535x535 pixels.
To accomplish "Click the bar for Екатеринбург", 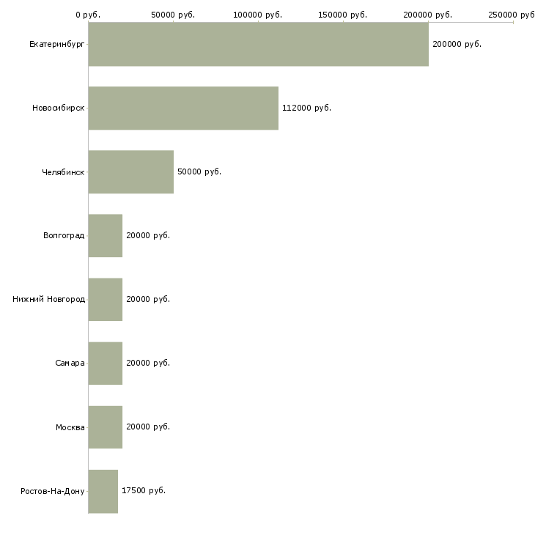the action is (x=259, y=44).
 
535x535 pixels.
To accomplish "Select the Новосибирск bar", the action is (x=183, y=108).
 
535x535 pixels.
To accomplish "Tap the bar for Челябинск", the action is (x=131, y=171).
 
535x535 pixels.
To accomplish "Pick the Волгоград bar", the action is (x=106, y=235).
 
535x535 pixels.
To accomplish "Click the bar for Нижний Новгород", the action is (x=106, y=299).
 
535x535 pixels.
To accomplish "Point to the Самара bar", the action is (x=106, y=363).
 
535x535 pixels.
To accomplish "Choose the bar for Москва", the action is (x=106, y=427).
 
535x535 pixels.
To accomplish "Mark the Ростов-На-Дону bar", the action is (x=103, y=491).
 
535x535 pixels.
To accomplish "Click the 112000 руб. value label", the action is (x=307, y=108).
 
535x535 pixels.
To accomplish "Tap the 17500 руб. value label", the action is (x=144, y=490).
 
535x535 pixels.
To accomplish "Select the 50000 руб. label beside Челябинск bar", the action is (x=199, y=171).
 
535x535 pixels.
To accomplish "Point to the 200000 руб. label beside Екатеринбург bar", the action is (x=457, y=44).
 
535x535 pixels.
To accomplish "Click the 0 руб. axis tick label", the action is (x=88, y=15).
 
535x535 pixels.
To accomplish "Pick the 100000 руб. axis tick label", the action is (x=257, y=15).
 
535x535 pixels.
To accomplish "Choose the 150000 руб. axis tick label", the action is (x=342, y=15).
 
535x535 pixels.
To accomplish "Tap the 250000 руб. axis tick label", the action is (x=512, y=15).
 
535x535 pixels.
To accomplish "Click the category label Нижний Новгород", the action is (x=48, y=299).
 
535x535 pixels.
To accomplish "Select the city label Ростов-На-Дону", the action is (x=53, y=491).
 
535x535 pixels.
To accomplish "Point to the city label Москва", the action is (x=70, y=427).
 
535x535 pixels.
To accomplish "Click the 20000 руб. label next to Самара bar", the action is (x=148, y=363).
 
